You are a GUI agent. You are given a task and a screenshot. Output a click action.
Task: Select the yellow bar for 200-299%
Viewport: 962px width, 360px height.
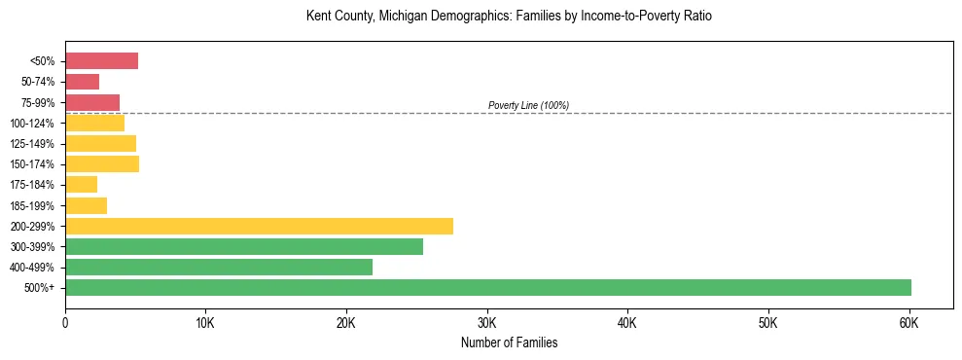pyautogui.click(x=259, y=226)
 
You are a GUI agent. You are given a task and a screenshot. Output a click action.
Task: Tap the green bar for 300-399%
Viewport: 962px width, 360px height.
pyautogui.click(x=244, y=246)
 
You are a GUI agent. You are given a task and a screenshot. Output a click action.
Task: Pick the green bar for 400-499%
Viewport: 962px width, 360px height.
pyautogui.click(x=219, y=267)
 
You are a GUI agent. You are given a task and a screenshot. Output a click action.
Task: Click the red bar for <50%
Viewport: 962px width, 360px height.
pyautogui.click(x=101, y=61)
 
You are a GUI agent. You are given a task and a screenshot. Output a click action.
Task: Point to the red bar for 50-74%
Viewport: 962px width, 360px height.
pyautogui.click(x=82, y=82)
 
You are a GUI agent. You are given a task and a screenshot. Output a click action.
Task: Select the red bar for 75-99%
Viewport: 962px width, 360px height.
pyautogui.click(x=92, y=102)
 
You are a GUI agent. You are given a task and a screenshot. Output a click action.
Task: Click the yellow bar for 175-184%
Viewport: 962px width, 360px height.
pyautogui.click(x=81, y=185)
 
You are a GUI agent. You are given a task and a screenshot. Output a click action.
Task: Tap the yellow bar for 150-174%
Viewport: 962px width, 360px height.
pyautogui.click(x=102, y=163)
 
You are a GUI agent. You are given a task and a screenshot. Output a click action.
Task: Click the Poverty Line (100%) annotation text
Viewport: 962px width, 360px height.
pyautogui.click(x=528, y=105)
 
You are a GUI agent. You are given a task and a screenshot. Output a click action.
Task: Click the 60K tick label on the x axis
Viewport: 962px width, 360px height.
pyautogui.click(x=909, y=322)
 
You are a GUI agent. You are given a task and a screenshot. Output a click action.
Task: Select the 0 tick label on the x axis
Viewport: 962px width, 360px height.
pyautogui.click(x=65, y=322)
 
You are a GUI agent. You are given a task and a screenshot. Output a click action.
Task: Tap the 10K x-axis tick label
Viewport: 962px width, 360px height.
pyautogui.click(x=205, y=322)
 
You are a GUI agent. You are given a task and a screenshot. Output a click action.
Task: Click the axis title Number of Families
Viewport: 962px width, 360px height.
pyautogui.click(x=509, y=342)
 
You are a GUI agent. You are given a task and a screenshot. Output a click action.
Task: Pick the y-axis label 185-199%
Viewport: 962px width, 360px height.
pyautogui.click(x=34, y=205)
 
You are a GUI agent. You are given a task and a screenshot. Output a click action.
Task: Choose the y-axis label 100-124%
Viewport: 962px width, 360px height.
pyautogui.click(x=34, y=124)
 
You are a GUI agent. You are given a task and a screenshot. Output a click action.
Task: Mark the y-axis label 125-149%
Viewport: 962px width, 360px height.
pyautogui.click(x=34, y=144)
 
